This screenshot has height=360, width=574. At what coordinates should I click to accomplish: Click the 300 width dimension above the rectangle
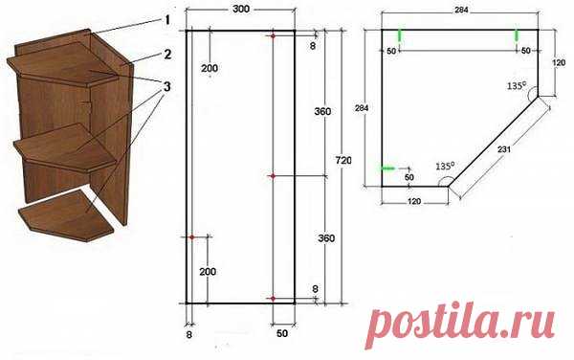(x=241, y=9)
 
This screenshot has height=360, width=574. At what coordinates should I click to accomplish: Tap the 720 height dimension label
(x=343, y=161)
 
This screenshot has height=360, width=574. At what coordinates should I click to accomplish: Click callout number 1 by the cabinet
(x=167, y=19)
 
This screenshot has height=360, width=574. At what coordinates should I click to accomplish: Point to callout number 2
(x=167, y=55)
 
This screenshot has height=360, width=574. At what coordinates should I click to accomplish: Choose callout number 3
(x=167, y=87)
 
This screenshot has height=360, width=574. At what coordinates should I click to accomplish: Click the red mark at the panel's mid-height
(x=273, y=176)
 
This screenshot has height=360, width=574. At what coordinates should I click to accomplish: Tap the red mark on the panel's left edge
(x=191, y=237)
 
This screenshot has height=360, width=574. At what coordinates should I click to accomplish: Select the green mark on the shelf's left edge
(x=388, y=169)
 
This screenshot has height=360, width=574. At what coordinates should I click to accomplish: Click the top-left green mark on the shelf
(x=400, y=35)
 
